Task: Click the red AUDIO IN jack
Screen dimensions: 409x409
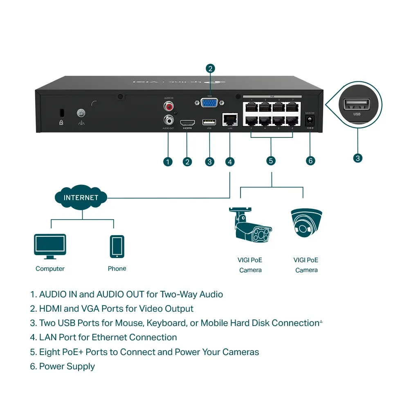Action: [x=168, y=107]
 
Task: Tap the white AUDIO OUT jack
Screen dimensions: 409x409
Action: [x=168, y=120]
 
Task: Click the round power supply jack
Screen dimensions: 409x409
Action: [x=310, y=120]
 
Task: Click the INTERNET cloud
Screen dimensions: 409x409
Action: [x=81, y=198]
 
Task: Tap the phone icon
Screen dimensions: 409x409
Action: [x=117, y=246]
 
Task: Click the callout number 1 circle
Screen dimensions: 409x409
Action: [x=168, y=162]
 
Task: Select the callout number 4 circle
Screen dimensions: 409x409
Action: [x=230, y=162]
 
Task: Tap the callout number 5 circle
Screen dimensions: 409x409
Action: [x=271, y=161]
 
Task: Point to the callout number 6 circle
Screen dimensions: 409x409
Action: [x=310, y=161]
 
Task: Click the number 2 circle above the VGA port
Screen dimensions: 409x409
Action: [x=210, y=69]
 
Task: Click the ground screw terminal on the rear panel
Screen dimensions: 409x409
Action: [x=81, y=112]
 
